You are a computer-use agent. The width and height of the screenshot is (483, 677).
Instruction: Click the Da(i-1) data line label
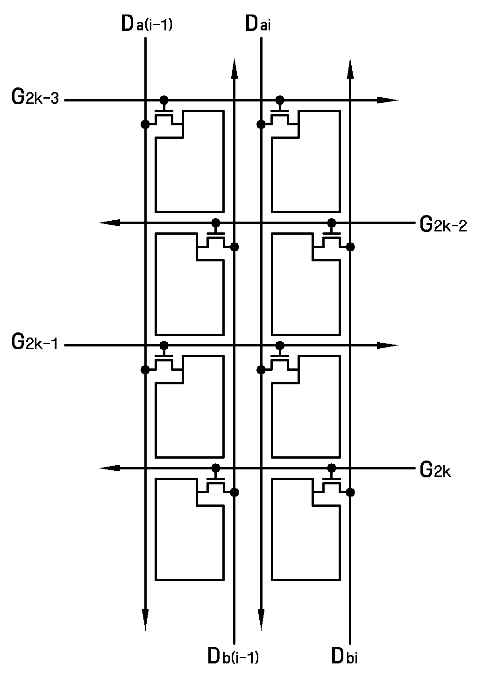pos(147,23)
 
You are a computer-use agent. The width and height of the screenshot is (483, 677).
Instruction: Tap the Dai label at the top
pos(258,23)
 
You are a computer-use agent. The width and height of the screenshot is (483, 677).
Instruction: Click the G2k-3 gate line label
pos(35,97)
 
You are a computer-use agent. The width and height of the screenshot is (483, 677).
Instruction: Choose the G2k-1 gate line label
pos(35,342)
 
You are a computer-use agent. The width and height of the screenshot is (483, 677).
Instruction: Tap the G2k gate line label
pos(435,470)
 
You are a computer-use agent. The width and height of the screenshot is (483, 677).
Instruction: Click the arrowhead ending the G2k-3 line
pos(388,100)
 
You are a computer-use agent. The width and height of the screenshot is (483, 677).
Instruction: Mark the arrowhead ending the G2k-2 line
pos(110,223)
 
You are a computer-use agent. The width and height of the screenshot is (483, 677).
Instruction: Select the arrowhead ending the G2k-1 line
pos(388,346)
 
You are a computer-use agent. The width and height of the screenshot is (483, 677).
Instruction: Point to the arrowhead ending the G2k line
pos(110,468)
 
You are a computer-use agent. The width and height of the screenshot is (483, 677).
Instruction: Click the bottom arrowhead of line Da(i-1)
pos(145,619)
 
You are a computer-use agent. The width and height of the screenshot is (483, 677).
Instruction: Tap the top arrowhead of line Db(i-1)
pos(234,69)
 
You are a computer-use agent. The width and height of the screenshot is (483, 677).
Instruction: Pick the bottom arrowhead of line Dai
pos(261,619)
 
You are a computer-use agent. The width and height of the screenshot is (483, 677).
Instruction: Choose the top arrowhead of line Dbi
pos(350,69)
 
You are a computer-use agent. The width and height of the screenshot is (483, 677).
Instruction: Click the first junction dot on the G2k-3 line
pos(164,100)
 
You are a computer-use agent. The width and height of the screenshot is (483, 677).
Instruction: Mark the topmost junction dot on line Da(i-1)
pos(145,124)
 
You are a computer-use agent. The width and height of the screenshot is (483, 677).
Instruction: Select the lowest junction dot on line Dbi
pos(350,492)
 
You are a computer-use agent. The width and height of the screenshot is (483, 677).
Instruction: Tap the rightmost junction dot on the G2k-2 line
pos(332,223)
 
